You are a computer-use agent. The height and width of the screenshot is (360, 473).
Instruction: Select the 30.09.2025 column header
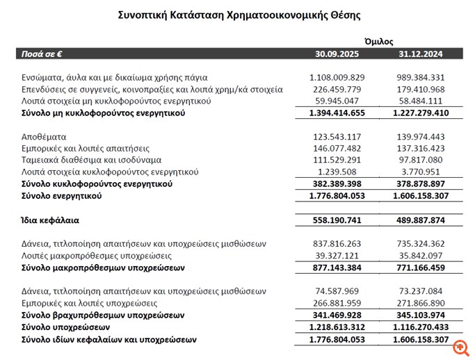337,53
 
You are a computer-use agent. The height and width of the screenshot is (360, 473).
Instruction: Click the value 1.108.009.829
337,77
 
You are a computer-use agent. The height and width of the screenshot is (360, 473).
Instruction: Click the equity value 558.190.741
337,220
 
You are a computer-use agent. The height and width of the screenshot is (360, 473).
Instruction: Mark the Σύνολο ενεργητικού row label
62,196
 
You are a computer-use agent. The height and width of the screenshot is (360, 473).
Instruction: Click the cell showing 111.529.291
337,160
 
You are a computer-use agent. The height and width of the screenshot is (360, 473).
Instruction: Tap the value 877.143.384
337,267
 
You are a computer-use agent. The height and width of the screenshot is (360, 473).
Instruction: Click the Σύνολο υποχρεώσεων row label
65,327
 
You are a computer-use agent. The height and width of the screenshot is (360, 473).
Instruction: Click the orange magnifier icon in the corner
460,347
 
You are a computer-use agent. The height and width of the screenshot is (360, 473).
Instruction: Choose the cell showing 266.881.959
337,303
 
